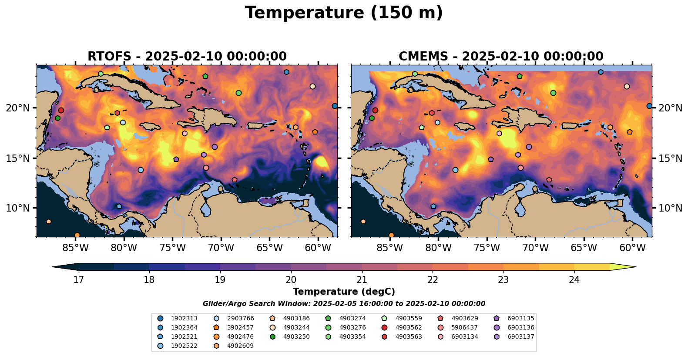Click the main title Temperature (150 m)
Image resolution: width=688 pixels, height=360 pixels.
pos(344,13)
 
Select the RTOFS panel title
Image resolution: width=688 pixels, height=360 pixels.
pos(187,57)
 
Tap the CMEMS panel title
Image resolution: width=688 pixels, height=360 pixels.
pos(501,57)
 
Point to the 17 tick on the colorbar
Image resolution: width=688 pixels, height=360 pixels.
pos(78,279)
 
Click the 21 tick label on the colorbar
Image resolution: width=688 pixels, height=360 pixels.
pos(362,279)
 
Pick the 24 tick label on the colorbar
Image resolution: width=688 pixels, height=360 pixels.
pos(574,279)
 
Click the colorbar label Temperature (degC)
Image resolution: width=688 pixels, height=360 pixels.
pos(344,292)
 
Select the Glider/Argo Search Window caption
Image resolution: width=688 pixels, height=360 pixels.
pos(344,304)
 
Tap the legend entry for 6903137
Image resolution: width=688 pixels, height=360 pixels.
pos(520,337)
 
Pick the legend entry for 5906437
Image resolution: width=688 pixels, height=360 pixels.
pos(464,328)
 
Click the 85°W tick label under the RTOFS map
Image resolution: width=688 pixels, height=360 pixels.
pos(76,248)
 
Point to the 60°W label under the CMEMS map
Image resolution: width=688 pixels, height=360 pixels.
pos(632,248)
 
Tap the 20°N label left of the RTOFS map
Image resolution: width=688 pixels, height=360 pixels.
pos(18,108)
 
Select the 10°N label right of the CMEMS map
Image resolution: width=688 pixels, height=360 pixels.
pos(671,208)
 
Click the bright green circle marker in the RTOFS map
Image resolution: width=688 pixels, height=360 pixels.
pos(238,93)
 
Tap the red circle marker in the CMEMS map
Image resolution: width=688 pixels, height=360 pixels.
pos(375,111)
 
